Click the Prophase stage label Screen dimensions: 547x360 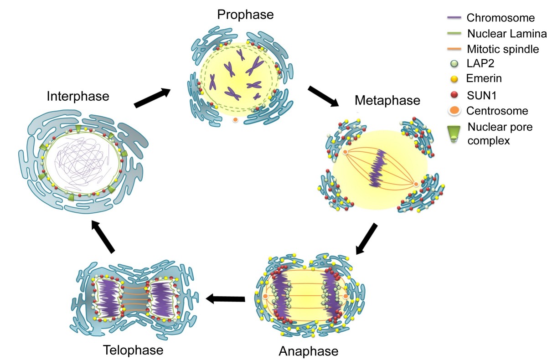click(245, 15)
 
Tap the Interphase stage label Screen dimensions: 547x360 click(78, 96)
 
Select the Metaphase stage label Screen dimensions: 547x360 click(387, 100)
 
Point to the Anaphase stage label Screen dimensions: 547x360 click(309, 351)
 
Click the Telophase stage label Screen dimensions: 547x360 click(133, 350)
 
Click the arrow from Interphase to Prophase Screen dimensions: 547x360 click(152, 98)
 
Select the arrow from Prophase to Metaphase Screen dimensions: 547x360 click(323, 96)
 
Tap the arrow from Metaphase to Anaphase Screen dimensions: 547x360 click(366, 239)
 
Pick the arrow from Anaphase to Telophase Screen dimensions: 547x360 click(225, 299)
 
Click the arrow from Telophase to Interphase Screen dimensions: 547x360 click(103, 237)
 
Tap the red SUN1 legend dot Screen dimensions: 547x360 click(454, 95)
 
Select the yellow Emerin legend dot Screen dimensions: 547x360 click(454, 79)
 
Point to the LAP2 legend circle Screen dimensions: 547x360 click(454, 64)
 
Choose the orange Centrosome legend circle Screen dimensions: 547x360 click(454, 110)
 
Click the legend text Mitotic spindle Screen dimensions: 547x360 click(503, 49)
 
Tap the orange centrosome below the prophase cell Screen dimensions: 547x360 click(235, 119)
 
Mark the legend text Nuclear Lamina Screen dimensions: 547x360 click(507, 33)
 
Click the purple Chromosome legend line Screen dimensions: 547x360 click(454, 18)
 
